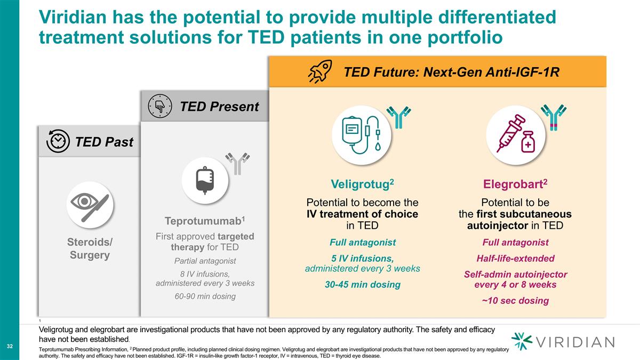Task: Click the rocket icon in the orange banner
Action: click(x=320, y=71)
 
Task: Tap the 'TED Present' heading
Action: click(x=219, y=106)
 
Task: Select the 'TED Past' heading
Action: click(x=104, y=141)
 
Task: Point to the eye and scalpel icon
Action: click(x=90, y=203)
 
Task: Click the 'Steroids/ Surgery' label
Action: click(x=90, y=249)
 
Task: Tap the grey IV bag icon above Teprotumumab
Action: click(x=205, y=179)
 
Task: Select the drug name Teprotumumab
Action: click(x=204, y=221)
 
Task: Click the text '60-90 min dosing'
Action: click(x=205, y=296)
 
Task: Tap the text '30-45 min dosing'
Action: click(x=363, y=285)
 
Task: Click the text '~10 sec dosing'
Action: click(x=515, y=300)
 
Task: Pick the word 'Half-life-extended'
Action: click(x=515, y=258)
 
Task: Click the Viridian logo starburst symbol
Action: click(x=522, y=341)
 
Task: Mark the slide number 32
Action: click(x=10, y=347)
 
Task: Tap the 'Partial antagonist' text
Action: click(x=205, y=261)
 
